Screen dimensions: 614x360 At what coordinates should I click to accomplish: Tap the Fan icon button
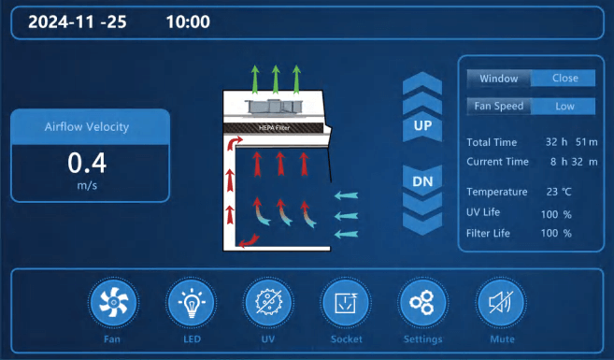pyautogui.click(x=113, y=302)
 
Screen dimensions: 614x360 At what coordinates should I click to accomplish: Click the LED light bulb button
pyautogui.click(x=191, y=302)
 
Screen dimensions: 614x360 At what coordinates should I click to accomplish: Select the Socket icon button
pyautogui.click(x=346, y=302)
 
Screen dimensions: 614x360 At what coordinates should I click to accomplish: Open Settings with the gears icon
pyautogui.click(x=422, y=302)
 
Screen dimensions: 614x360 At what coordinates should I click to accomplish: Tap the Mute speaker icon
pyautogui.click(x=500, y=302)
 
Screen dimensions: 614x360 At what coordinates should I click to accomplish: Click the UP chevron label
pyautogui.click(x=422, y=125)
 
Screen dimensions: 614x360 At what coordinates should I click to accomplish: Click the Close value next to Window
pyautogui.click(x=565, y=78)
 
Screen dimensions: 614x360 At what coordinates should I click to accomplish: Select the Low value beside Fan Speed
pyautogui.click(x=564, y=107)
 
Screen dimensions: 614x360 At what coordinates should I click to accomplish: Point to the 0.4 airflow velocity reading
pyautogui.click(x=87, y=163)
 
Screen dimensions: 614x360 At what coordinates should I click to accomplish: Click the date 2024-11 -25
pyautogui.click(x=78, y=22)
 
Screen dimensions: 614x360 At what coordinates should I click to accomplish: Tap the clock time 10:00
pyautogui.click(x=188, y=22)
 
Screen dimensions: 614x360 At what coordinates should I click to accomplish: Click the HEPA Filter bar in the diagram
pyautogui.click(x=273, y=128)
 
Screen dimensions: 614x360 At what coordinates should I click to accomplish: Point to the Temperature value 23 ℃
pyautogui.click(x=559, y=192)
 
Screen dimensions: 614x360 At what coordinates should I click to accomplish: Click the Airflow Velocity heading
pyautogui.click(x=87, y=127)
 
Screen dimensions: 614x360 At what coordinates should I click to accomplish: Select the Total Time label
pyautogui.click(x=492, y=142)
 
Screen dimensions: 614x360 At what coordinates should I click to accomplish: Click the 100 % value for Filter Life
pyautogui.click(x=556, y=234)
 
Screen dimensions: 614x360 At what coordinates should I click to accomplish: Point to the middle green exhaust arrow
pyautogui.click(x=276, y=79)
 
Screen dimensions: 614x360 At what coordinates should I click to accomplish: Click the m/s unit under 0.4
pyautogui.click(x=87, y=185)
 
